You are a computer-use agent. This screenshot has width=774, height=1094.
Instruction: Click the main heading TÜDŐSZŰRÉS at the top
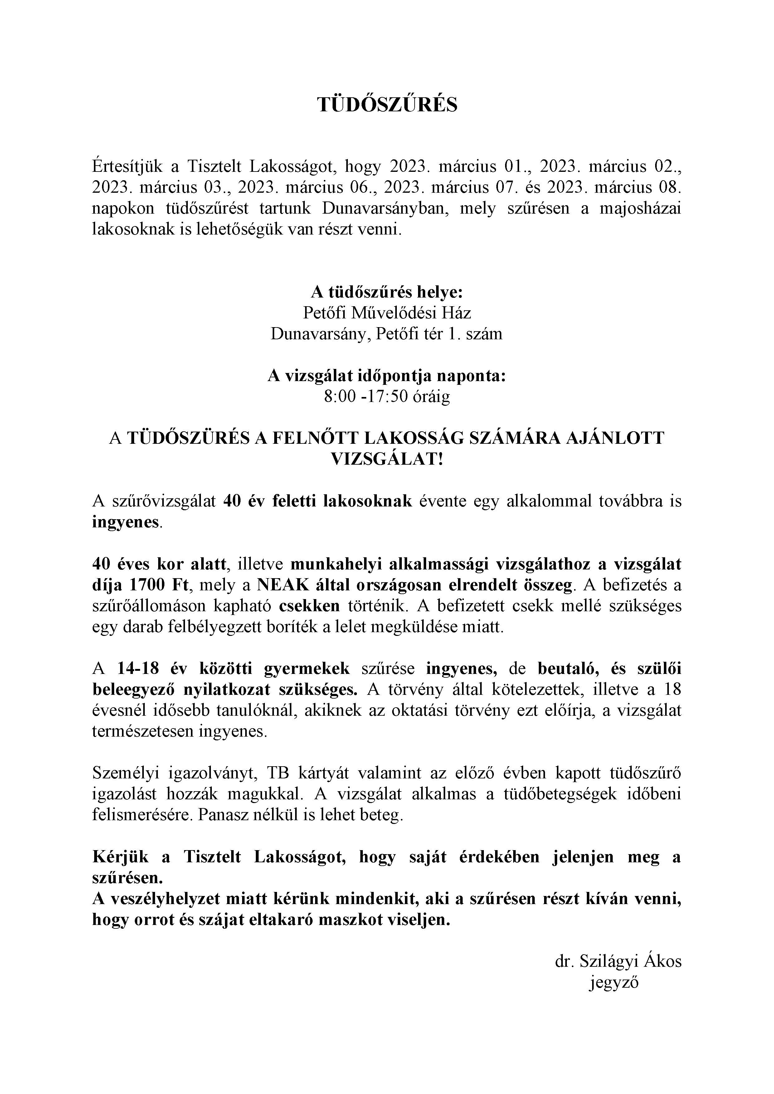coord(387,105)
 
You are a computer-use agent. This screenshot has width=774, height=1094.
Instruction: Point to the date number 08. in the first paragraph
coord(667,187)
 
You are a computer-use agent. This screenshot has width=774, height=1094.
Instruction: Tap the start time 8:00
coord(339,396)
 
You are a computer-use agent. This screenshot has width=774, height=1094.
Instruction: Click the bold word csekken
coord(309,606)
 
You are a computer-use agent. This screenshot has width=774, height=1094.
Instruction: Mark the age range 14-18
coord(138,669)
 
